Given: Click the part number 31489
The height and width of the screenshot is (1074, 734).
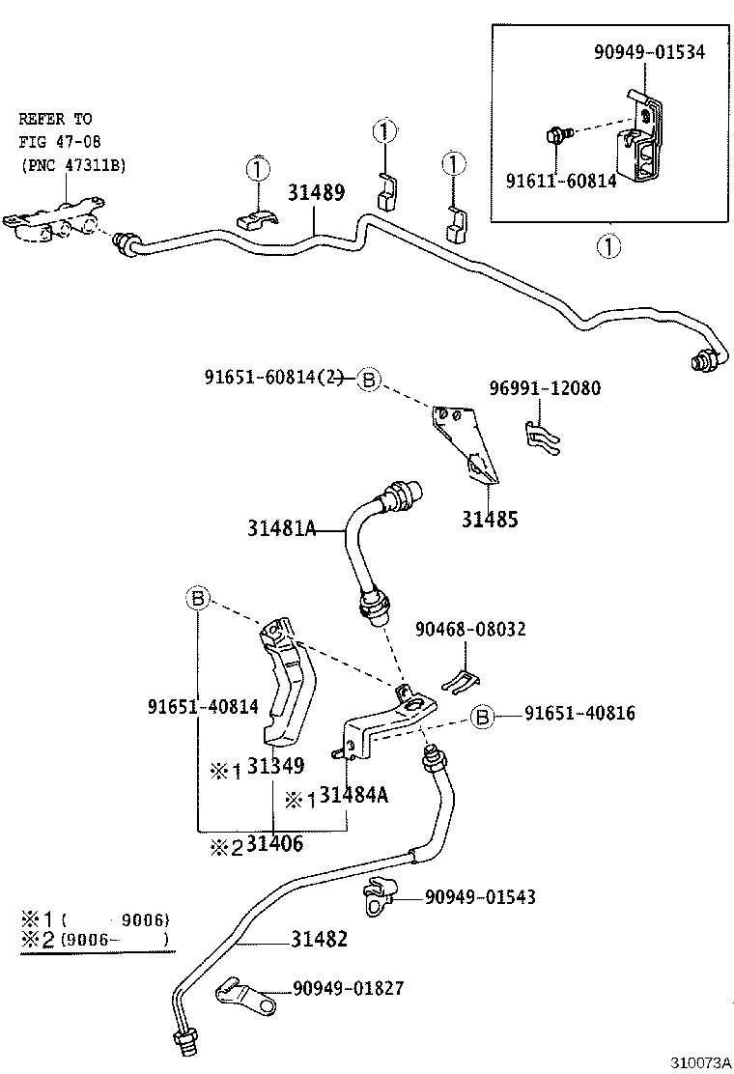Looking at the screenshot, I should click(316, 192).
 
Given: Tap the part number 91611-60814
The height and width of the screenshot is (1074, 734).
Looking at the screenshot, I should click(561, 181).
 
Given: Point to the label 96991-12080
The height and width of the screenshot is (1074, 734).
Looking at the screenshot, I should click(545, 388).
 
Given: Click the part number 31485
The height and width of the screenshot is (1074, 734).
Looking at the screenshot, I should click(489, 520).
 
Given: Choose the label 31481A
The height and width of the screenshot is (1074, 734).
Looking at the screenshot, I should click(281, 528).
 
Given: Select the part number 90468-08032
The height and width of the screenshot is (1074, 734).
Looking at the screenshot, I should click(470, 629).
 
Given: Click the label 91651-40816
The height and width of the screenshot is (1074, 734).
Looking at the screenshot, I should click(579, 714).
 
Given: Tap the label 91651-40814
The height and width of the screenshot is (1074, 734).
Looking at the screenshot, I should click(203, 706).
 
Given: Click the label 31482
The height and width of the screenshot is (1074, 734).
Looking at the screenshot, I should click(319, 938).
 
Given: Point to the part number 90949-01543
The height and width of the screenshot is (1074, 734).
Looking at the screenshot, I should click(480, 897).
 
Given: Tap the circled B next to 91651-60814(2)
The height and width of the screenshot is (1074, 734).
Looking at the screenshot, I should click(368, 379).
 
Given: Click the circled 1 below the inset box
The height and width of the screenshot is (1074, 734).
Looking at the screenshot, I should click(608, 246).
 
